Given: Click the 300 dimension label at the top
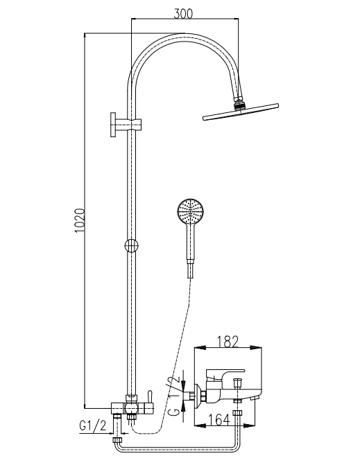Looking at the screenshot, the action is point(183,13).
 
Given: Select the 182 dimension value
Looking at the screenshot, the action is point(228,342).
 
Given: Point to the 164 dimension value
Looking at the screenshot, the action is point(219,420).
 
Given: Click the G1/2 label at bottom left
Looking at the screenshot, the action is point(93,426).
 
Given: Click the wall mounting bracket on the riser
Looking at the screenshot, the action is point(126,125).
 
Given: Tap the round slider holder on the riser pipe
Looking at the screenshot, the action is point(131,245).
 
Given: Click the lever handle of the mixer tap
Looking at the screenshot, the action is point(225,373).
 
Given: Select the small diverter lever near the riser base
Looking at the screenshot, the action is point(149,396).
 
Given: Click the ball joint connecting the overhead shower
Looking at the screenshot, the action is point(239,104).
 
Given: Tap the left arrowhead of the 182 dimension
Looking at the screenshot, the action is point(200,348).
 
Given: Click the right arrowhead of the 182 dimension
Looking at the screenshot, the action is point(256,348).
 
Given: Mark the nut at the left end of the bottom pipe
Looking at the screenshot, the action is point(118,441).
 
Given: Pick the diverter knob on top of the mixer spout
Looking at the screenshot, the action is point(237,382).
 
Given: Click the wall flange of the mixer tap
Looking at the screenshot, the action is point(198,396).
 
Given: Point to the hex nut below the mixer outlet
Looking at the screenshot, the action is point(237,414).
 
